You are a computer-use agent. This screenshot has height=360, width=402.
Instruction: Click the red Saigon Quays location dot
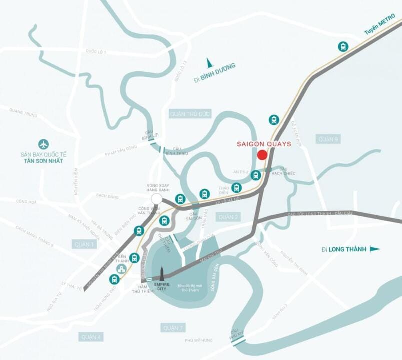pos(262,155)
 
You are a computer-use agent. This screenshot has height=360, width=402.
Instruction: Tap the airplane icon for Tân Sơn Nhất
pos(44,144)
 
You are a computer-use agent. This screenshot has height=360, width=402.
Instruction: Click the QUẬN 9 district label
pos(328,139)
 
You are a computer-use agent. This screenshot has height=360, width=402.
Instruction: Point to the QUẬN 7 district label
pos(173,328)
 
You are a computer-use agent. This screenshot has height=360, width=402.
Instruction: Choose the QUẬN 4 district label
pos(91,337)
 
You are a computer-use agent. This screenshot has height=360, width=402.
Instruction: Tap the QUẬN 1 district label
pos(84,244)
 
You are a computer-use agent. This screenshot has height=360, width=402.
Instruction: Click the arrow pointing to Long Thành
pos(375,249)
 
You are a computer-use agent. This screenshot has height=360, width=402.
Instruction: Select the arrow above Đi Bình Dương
pos(210,63)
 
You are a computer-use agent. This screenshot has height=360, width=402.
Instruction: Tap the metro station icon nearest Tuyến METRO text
pos(343,47)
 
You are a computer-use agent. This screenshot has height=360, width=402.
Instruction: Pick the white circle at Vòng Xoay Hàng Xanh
pos(157,199)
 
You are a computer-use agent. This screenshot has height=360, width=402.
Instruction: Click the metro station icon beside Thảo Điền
pos(236,188)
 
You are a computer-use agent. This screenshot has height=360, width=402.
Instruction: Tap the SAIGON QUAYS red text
pos(264,144)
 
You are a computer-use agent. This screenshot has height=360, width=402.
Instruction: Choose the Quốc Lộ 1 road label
pos(96,51)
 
